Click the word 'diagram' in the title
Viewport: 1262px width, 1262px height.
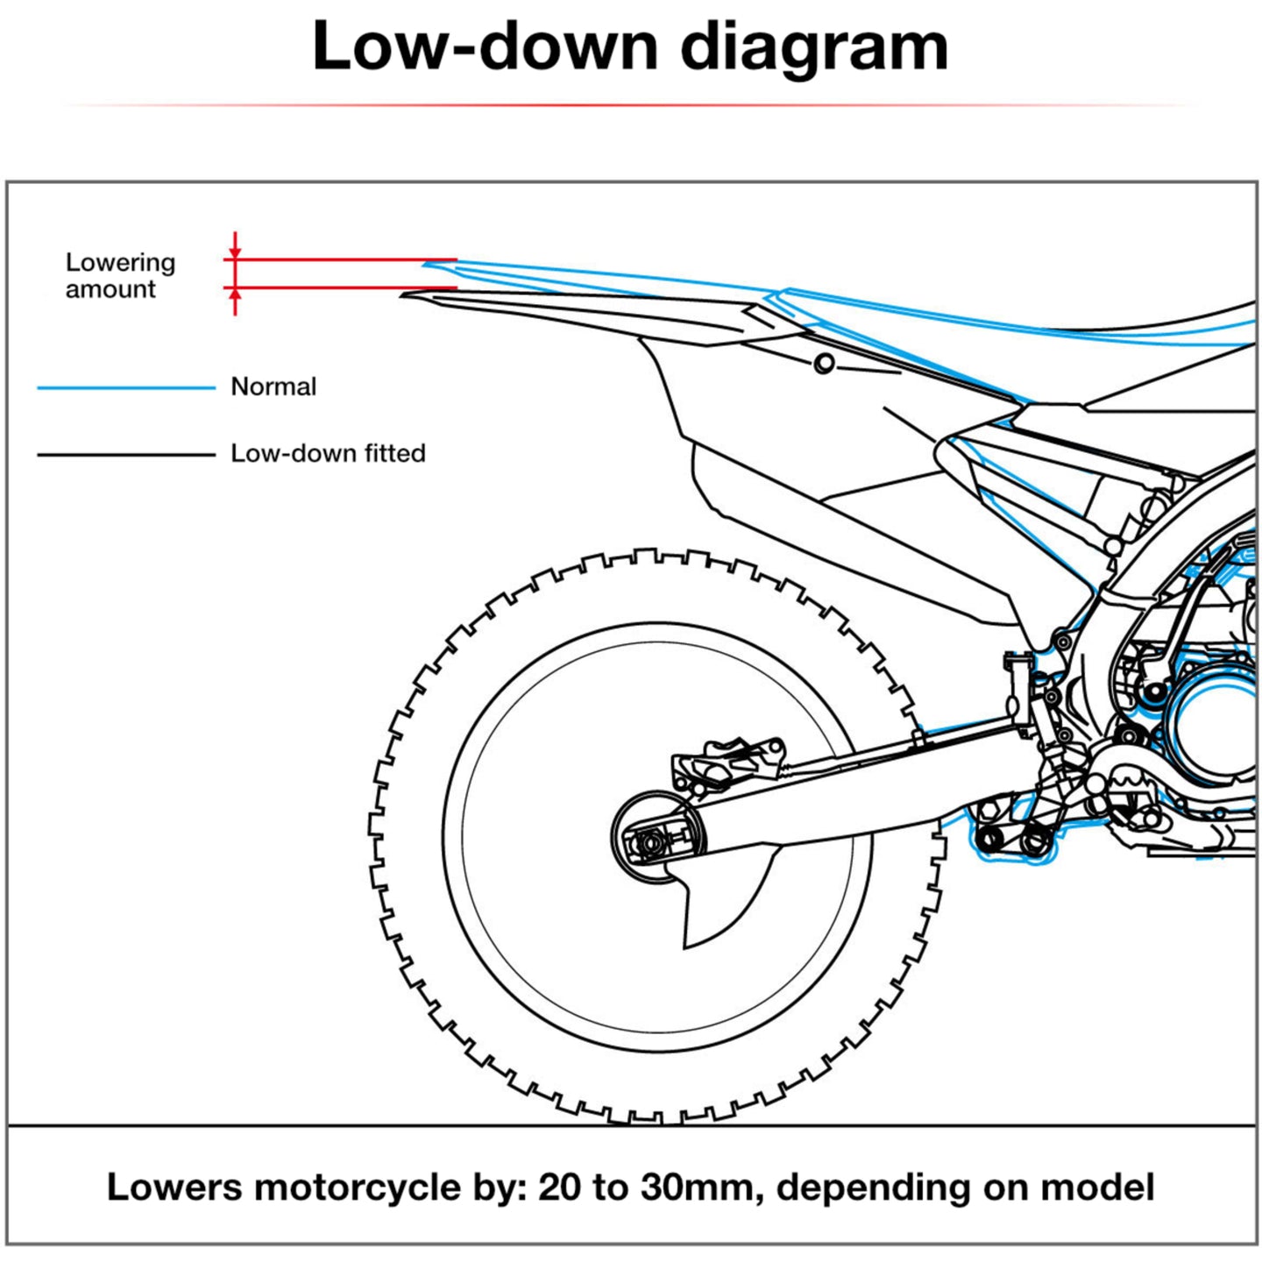(x=814, y=48)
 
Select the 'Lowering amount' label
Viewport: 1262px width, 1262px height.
(x=120, y=275)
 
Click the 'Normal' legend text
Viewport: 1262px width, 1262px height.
(x=273, y=386)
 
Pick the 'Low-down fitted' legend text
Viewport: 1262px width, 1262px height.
(x=328, y=453)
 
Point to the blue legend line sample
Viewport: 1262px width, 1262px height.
(x=126, y=387)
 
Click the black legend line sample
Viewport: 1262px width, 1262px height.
(x=126, y=455)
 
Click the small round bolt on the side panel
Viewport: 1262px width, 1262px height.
(x=823, y=363)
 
